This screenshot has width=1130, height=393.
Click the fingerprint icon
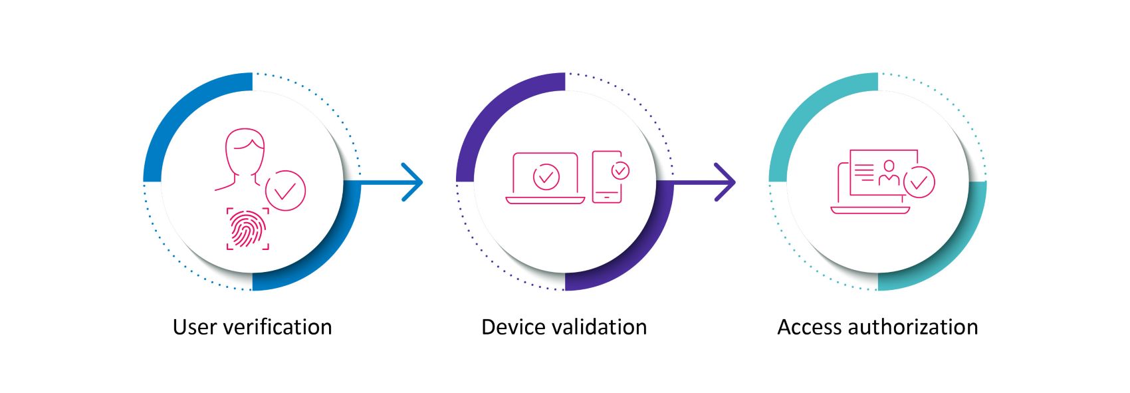tap(248, 229)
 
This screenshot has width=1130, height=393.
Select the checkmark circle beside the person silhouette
tap(285, 191)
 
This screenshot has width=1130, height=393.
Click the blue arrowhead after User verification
tap(413, 181)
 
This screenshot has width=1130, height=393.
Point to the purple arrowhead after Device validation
tap(726, 181)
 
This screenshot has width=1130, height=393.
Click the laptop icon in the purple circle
tap(546, 178)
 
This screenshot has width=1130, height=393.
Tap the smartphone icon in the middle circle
tap(607, 178)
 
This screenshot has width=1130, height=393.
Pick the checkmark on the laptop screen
tap(546, 176)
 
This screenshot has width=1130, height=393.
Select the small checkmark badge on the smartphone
tap(620, 171)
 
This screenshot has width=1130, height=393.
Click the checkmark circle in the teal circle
tap(919, 182)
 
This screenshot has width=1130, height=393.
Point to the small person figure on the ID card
tap(889, 173)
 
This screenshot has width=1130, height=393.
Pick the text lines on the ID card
tap(864, 172)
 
